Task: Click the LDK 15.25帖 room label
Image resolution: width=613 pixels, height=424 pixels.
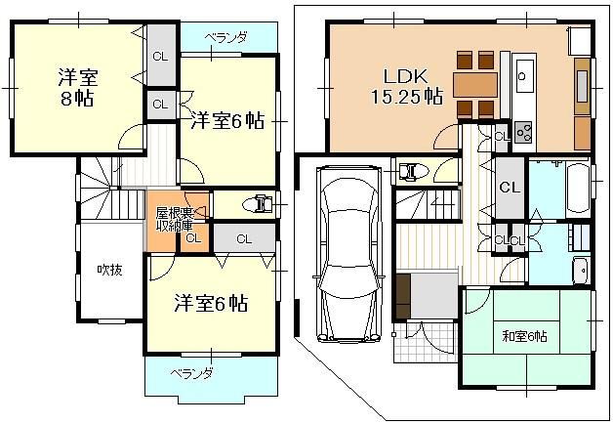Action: coord(407,87)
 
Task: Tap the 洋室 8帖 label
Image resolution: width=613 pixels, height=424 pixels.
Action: coord(77,88)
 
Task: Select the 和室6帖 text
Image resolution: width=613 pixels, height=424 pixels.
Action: coord(524,336)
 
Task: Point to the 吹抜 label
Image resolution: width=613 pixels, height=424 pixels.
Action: coord(110,270)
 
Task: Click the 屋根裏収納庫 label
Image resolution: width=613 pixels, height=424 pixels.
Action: coord(175,220)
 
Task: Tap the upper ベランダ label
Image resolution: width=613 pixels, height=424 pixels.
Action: coord(226,38)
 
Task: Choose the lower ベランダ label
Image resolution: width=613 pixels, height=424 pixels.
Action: coord(191,373)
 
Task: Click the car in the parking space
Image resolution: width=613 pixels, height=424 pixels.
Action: coord(348,254)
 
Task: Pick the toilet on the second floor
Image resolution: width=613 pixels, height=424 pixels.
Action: coord(258,204)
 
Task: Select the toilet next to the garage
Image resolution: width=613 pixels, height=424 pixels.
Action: coord(412,171)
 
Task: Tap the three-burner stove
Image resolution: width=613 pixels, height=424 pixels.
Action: coord(524,132)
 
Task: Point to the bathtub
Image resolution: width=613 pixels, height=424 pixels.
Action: coord(578,189)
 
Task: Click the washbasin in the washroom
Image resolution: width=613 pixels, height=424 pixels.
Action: coord(582,271)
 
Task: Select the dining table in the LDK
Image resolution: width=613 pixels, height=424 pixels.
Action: coord(475,85)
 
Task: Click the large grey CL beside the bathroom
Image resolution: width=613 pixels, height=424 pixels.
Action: coord(510,188)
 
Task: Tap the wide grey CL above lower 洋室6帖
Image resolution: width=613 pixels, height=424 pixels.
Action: coord(244,238)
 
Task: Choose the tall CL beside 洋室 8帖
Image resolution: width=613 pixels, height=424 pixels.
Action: coord(160,55)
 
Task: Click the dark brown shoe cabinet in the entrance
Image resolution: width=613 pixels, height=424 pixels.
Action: coord(403,296)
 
